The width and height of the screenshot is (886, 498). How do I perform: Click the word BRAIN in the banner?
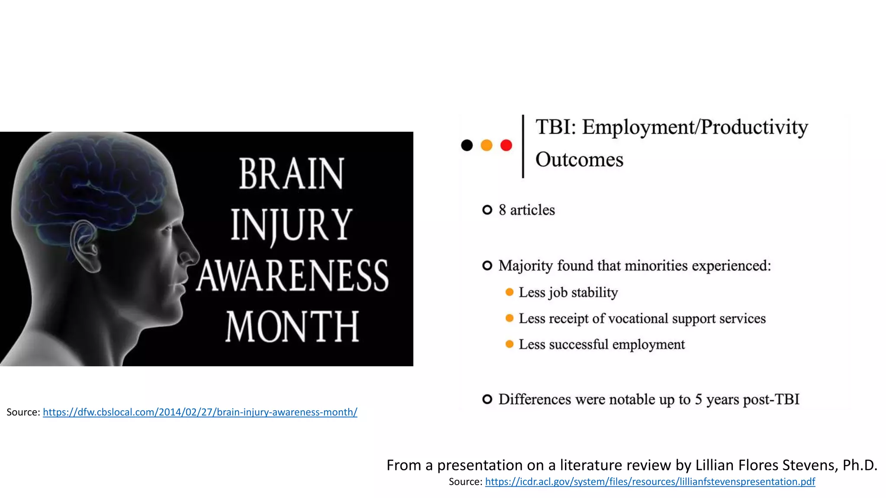click(x=291, y=174)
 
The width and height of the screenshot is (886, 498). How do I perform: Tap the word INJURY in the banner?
click(x=291, y=225)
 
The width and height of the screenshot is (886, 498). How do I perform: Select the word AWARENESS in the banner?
click(x=293, y=276)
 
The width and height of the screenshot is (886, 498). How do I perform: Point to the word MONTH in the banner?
click(x=292, y=326)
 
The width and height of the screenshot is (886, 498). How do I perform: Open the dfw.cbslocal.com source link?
click(x=200, y=412)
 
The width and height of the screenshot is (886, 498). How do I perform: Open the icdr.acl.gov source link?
click(x=650, y=482)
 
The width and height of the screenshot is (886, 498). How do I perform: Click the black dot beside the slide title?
click(x=467, y=145)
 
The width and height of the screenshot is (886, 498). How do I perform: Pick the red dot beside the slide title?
click(x=506, y=145)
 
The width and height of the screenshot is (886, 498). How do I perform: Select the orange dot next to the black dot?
click(x=487, y=145)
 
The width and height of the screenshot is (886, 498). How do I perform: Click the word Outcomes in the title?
click(x=579, y=160)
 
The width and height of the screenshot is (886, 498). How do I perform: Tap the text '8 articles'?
click(x=526, y=210)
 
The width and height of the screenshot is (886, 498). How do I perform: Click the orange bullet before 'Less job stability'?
click(x=510, y=292)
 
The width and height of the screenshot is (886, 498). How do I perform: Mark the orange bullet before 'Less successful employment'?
click(x=510, y=344)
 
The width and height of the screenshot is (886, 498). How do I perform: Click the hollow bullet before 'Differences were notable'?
click(x=487, y=399)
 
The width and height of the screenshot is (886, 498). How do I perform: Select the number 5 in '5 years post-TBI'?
click(x=698, y=399)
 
